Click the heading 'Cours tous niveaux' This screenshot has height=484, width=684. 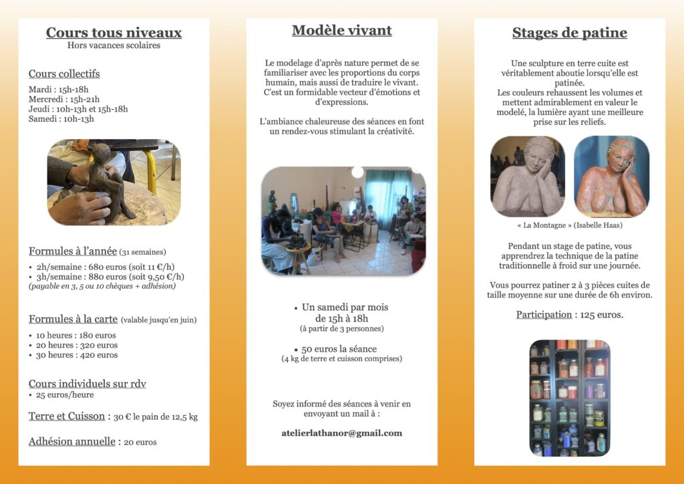click(x=114, y=32)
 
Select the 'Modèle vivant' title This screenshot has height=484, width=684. click(x=341, y=30)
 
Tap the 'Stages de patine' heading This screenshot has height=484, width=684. click(x=569, y=32)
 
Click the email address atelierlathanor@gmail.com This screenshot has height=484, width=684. click(x=341, y=433)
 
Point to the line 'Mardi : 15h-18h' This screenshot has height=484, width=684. click(x=59, y=90)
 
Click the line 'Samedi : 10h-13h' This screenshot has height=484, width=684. click(x=61, y=119)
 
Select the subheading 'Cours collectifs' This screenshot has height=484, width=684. click(x=64, y=74)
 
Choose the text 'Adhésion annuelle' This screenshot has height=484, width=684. click(x=72, y=441)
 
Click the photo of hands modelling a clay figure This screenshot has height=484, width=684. click(x=114, y=182)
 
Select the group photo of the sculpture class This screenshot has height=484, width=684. click(x=343, y=221)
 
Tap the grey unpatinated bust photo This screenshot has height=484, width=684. click(x=527, y=176)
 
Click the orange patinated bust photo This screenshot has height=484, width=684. click(x=611, y=176)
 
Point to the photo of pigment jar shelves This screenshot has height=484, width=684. click(x=569, y=398)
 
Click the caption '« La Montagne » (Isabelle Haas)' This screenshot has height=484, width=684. click(x=569, y=225)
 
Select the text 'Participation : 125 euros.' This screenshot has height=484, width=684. click(x=569, y=314)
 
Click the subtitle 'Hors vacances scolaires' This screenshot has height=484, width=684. click(x=114, y=45)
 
